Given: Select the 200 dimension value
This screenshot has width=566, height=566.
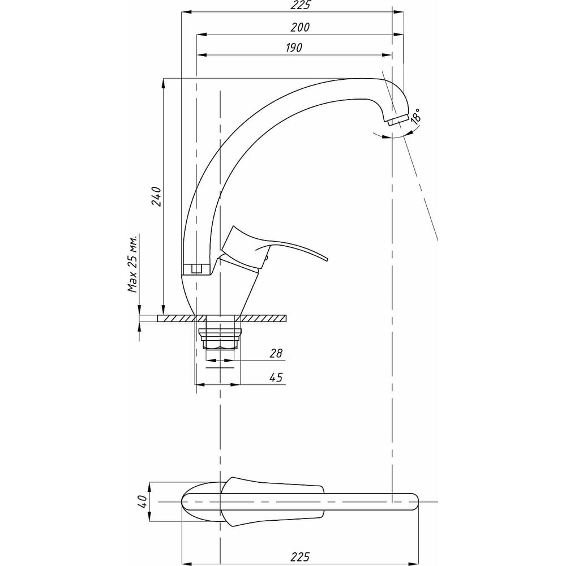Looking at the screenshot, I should pyautogui.click(x=301, y=27).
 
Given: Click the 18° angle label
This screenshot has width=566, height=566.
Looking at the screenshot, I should pyautogui.click(x=416, y=117).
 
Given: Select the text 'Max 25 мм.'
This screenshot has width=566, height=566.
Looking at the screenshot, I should pyautogui.click(x=134, y=263).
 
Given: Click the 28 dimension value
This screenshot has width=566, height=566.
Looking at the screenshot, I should pyautogui.click(x=276, y=354).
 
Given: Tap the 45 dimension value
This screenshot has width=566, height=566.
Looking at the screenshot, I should pyautogui.click(x=276, y=377).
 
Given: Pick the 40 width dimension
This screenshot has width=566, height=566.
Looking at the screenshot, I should pyautogui.click(x=143, y=501).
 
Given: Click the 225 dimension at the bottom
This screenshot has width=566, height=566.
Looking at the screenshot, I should pyautogui.click(x=301, y=557).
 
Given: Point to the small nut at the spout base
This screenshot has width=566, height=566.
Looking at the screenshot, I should pyautogui.click(x=196, y=269).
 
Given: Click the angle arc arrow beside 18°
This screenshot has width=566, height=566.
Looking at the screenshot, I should pyautogui.click(x=391, y=136).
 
